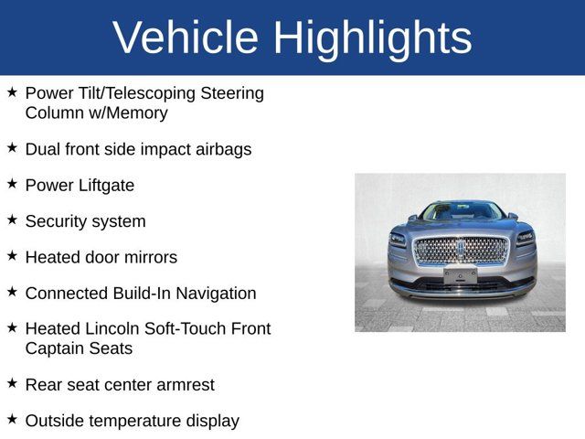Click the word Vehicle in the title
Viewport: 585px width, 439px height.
click(186, 37)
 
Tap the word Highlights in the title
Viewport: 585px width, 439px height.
click(372, 37)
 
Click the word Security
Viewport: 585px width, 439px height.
click(58, 221)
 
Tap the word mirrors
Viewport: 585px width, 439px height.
click(148, 258)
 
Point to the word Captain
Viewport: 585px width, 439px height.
click(57, 348)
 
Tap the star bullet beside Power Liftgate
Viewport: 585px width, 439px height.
click(12, 184)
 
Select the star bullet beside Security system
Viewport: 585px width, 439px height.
click(12, 219)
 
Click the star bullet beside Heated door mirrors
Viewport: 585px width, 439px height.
click(12, 256)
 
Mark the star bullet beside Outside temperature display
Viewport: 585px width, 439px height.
click(12, 419)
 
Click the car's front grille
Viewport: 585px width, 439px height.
click(461, 250)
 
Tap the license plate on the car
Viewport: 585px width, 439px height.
click(461, 274)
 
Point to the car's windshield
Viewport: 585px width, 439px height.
click(461, 212)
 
